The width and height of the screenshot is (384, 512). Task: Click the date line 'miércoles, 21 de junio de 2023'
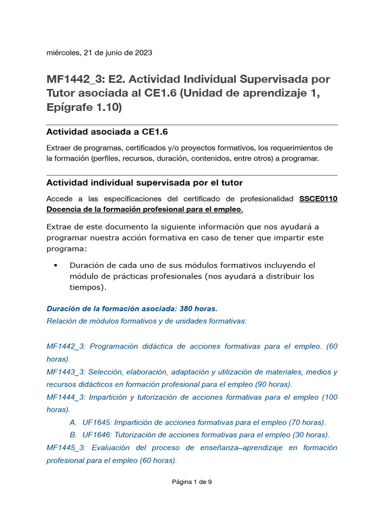coord(99,52)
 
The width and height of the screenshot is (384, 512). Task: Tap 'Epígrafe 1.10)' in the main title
coord(84,107)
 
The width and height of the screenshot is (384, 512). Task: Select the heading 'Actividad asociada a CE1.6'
coord(107,132)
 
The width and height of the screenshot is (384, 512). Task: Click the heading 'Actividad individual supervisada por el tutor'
coord(144,182)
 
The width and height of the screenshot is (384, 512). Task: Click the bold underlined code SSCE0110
coord(318,198)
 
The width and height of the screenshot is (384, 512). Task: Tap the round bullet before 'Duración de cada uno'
coord(55,265)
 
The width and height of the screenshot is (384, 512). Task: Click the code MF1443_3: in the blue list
coord(66,372)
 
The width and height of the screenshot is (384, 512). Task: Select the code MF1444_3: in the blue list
coord(66,397)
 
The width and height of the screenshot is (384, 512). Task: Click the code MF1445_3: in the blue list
coord(66,447)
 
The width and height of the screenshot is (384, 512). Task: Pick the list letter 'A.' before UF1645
coord(73,422)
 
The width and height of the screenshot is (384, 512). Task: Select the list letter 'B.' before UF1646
coord(73,434)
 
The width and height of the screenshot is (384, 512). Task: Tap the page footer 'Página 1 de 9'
coord(192,482)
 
